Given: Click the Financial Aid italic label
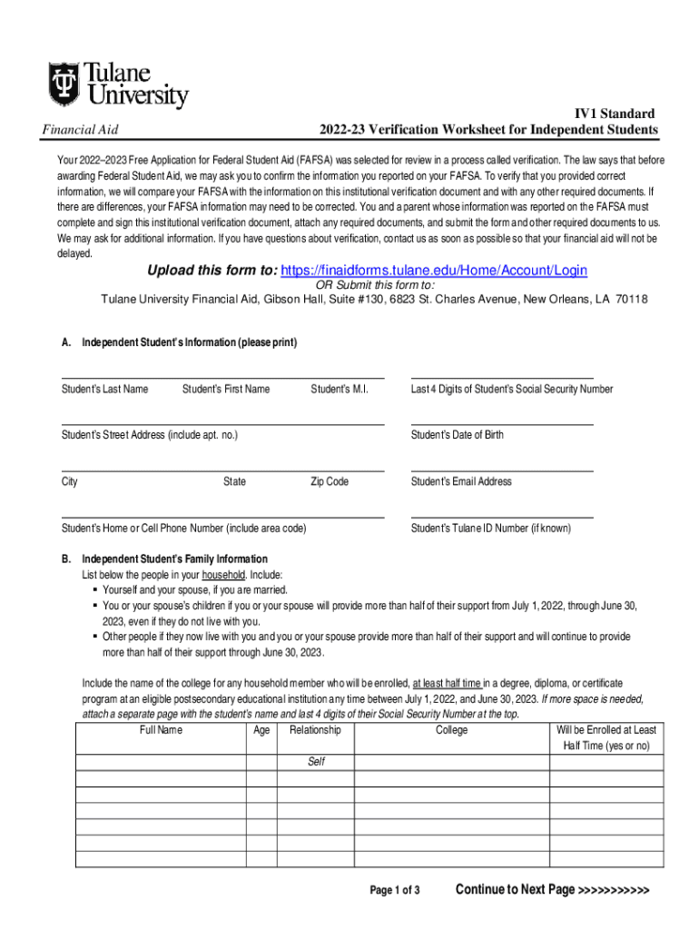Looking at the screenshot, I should click(81, 130).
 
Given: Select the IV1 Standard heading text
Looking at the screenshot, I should click(614, 114).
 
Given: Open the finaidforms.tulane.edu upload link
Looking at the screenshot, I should click(434, 271).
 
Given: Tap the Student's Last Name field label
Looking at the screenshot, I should click(104, 389).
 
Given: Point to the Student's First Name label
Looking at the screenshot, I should click(225, 389).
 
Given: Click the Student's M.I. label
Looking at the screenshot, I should click(339, 389).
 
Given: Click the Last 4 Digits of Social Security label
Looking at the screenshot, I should click(511, 389).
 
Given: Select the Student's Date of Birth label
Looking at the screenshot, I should click(457, 435).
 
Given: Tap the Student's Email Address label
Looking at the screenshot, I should click(461, 481).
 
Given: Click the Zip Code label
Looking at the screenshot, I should click(329, 481).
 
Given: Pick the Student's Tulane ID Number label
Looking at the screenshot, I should click(490, 528).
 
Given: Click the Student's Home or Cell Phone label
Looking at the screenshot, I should click(183, 528).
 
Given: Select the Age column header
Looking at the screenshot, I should click(261, 730).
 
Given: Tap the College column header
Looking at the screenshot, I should click(451, 730).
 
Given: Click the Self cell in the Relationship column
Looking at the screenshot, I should click(315, 762).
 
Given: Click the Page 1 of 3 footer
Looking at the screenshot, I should click(394, 890).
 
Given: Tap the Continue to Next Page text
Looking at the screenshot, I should click(553, 889).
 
